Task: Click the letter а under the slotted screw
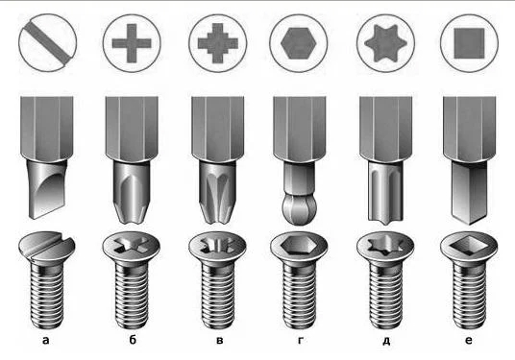pos(46,340)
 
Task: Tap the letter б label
pos(133,340)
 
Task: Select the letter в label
pos(220,340)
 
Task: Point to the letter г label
pos(300,340)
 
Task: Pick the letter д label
pos(386,341)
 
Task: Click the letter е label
pos(469,340)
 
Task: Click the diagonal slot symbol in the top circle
pos(48,42)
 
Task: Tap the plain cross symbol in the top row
pos(132,43)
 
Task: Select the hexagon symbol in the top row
pos(299,43)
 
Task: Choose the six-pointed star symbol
pos(385,43)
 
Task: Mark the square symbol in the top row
pos(469,43)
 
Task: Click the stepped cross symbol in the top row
pos(218,43)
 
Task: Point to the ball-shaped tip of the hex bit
pos(299,209)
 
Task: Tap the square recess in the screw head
pos(469,246)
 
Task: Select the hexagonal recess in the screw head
pos(299,245)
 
